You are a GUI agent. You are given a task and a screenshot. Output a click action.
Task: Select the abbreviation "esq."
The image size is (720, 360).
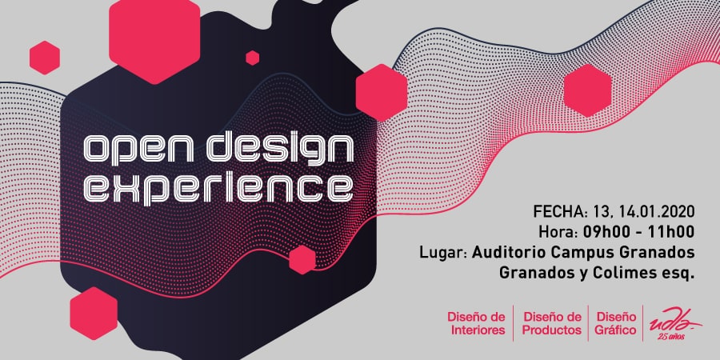click(680, 274)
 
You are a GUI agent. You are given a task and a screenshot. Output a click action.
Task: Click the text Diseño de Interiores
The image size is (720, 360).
click(477, 323)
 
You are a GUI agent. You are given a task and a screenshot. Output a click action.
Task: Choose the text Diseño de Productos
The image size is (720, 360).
click(552, 323)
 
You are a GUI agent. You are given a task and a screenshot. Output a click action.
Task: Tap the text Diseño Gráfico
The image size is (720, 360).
click(616, 323)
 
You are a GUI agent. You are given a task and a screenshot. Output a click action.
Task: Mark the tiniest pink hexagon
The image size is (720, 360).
click(253, 58)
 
